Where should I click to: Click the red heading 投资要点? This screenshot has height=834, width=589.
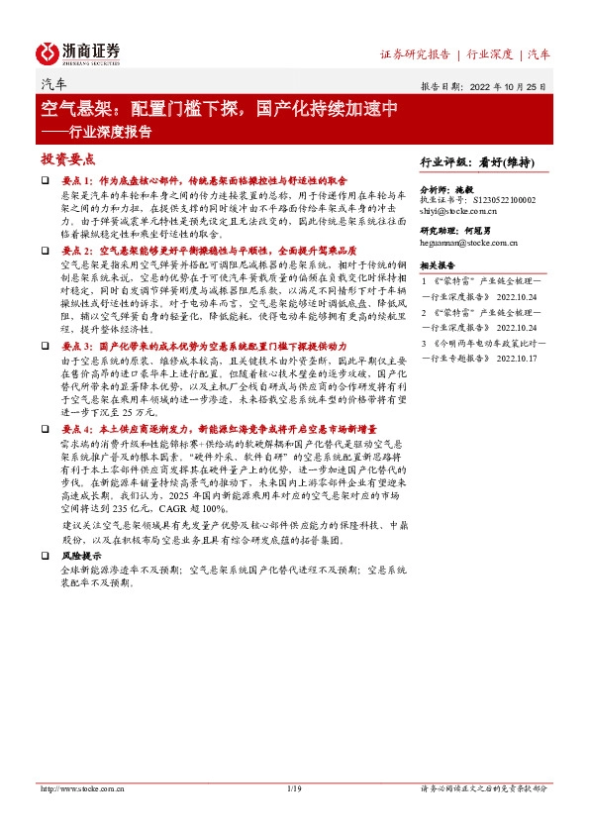pos(67,159)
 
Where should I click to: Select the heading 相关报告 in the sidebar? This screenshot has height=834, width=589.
pos(439,266)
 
